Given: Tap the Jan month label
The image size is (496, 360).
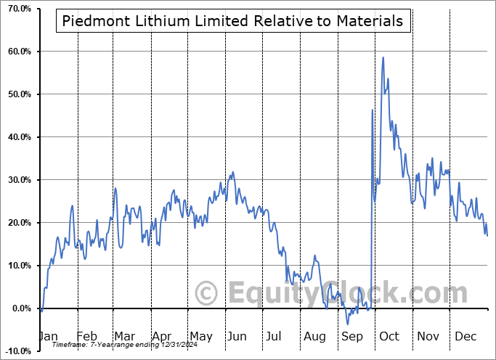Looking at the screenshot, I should (x=48, y=336).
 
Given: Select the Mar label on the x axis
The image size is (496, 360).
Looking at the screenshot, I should (x=124, y=336).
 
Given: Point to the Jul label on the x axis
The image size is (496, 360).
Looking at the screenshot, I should (x=274, y=336).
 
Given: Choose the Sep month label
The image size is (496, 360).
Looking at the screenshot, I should (x=351, y=336).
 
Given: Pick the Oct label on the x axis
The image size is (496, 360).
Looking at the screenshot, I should (x=389, y=336).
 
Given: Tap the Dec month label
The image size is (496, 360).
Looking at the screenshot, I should (x=466, y=336).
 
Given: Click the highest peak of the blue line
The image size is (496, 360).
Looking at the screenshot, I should (x=383, y=57).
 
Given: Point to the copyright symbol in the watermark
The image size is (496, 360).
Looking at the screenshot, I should (x=207, y=294).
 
